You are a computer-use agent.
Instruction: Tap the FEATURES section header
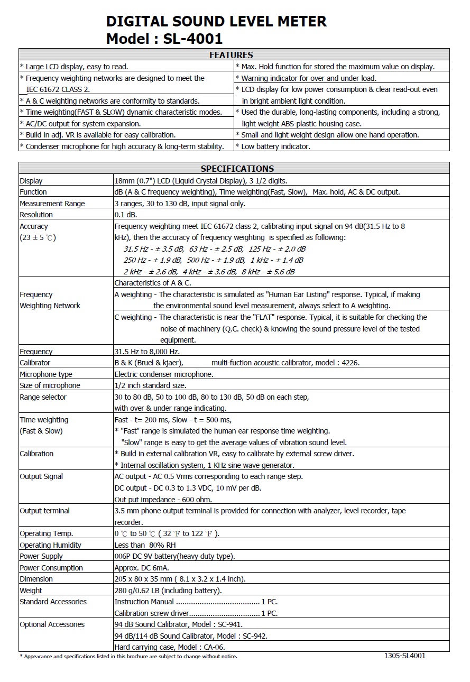(231, 55)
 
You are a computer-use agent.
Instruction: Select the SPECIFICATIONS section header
(237, 169)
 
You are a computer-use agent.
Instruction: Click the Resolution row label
(36, 215)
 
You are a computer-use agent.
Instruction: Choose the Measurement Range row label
(52, 204)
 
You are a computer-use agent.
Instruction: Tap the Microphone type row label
(46, 374)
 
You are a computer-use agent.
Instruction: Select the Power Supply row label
(41, 556)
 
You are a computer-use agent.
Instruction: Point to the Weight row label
(31, 591)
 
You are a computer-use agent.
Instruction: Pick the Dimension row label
(36, 579)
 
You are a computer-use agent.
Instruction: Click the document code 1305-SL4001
(404, 656)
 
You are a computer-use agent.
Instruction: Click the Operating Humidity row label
(50, 545)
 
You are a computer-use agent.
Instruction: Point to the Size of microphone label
(50, 385)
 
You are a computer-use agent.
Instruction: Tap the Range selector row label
(43, 397)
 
